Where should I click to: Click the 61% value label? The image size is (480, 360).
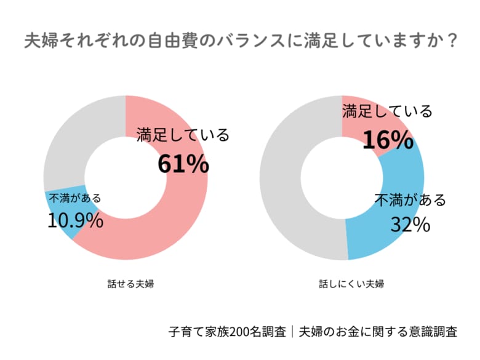coord(183,164)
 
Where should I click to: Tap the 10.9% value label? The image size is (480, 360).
coord(75,220)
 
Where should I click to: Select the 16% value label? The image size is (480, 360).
coord(387,140)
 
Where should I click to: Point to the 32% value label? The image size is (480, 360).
coord(410,225)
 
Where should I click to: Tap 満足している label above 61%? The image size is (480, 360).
coord(183,135)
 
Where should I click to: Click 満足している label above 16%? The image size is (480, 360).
coord(387,111)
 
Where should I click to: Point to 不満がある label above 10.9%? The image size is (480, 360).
coord(75,198)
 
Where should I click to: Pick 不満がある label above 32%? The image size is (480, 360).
coord(410,201)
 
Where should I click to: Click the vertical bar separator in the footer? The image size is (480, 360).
coord(292,332)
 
